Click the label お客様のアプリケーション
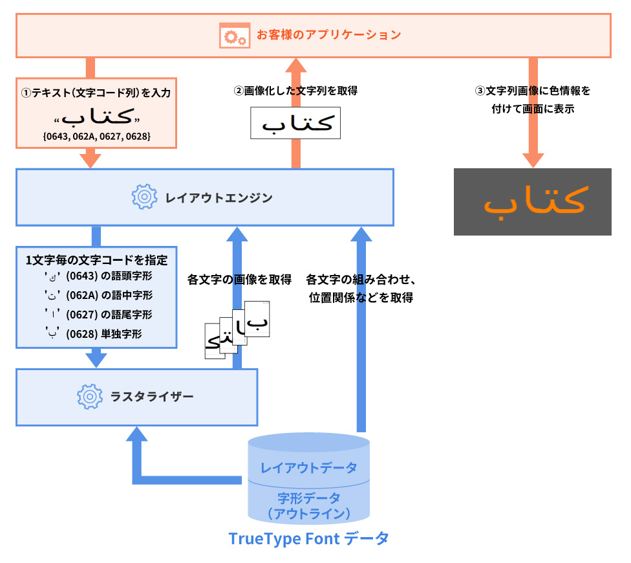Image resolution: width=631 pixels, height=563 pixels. pyautogui.click(x=328, y=34)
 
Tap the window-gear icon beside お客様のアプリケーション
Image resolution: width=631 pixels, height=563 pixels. pyautogui.click(x=235, y=35)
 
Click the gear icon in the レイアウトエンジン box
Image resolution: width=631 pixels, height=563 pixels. pyautogui.click(x=144, y=197)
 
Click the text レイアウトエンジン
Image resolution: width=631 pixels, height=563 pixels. pyautogui.click(x=218, y=197)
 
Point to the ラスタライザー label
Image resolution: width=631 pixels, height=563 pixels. pyautogui.click(x=153, y=395)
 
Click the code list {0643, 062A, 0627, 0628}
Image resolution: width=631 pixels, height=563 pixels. pyautogui.click(x=96, y=137)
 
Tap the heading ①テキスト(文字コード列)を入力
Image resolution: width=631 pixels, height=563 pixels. pyautogui.click(x=96, y=93)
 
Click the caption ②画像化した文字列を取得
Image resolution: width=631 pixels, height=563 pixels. pyautogui.click(x=295, y=91)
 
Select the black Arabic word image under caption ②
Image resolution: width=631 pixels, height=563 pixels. pyautogui.click(x=295, y=123)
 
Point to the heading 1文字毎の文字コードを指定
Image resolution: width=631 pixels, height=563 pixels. pyautogui.click(x=96, y=260)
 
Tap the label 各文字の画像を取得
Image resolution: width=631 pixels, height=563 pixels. pyautogui.click(x=239, y=280)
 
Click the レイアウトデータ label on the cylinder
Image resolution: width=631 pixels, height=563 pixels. pyautogui.click(x=308, y=467)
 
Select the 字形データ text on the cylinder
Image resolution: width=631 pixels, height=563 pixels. pyautogui.click(x=308, y=498)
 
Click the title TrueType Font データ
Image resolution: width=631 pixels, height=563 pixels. pyautogui.click(x=308, y=538)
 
